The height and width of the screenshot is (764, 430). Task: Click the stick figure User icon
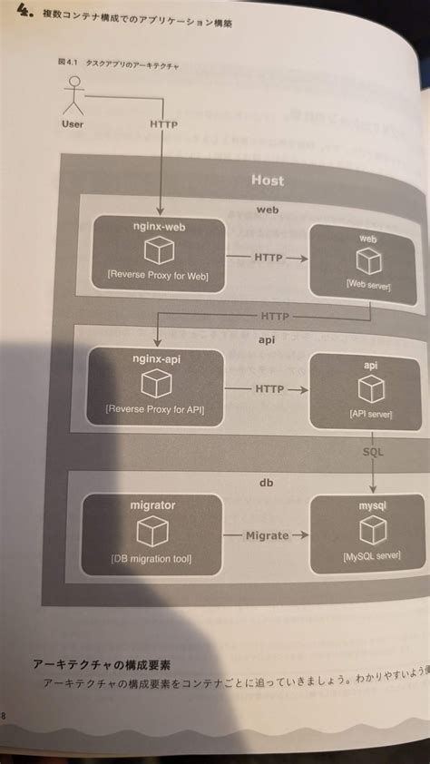[73, 96]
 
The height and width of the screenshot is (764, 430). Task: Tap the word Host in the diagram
[267, 180]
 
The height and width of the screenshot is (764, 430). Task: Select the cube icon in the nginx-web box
[161, 250]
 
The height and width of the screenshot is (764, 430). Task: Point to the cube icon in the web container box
[367, 262]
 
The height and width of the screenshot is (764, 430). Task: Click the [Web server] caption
[367, 283]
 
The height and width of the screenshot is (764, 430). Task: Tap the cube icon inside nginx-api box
[160, 384]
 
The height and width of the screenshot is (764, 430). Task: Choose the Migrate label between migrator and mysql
[267, 534]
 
